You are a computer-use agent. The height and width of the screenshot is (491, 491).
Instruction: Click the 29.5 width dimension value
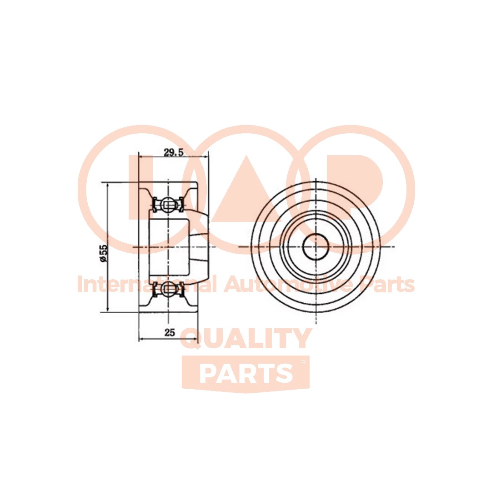(x=173, y=152)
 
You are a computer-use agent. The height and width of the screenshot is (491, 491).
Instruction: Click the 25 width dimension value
(x=170, y=332)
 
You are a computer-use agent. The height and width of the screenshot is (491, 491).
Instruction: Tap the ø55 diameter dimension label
(x=104, y=253)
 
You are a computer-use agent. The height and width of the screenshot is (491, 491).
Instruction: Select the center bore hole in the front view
(x=316, y=247)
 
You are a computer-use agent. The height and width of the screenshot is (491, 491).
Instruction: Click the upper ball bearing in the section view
(x=169, y=205)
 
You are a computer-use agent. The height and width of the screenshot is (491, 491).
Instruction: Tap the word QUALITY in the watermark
(x=246, y=339)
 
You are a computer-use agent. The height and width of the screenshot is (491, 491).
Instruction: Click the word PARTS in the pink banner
(x=246, y=374)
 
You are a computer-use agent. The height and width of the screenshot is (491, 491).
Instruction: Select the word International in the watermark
(x=147, y=284)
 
